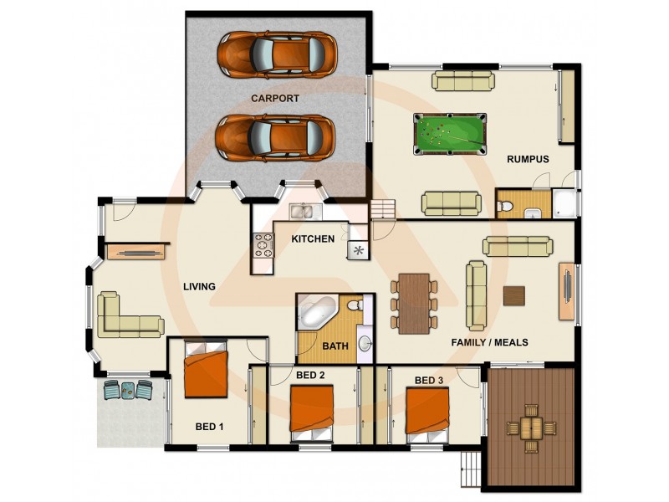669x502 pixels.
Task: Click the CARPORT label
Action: point(275,98)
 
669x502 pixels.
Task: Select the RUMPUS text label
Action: point(528,159)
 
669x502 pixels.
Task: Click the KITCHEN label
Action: point(313,238)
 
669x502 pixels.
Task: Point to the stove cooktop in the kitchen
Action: point(263,245)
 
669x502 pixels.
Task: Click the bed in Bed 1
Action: point(206,373)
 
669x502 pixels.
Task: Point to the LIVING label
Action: point(200,287)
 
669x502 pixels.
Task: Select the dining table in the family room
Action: point(414,301)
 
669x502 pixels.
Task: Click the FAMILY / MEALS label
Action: point(489,342)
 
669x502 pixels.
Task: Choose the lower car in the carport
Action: point(276,137)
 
